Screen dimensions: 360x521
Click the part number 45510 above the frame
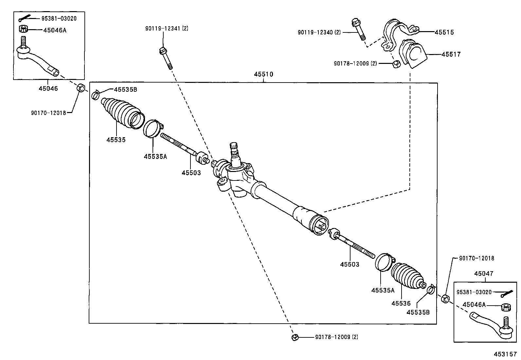coord(263,74)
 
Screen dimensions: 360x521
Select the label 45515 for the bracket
coord(444,32)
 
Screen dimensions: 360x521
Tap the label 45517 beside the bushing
coord(451,54)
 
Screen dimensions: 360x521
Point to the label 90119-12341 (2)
coord(167,28)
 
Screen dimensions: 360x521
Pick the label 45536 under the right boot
coord(401,304)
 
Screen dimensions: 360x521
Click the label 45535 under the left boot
coord(116,140)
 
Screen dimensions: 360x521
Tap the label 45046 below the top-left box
coord(48,88)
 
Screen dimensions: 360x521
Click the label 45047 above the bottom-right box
coord(484,274)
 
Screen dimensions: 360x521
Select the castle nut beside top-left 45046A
coord(24,29)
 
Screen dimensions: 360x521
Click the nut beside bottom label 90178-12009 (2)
coord(295,337)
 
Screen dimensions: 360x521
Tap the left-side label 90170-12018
coord(48,113)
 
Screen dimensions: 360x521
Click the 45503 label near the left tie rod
coord(191,172)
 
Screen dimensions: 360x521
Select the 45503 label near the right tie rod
coord(350,264)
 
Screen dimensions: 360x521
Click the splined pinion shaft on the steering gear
coord(234,151)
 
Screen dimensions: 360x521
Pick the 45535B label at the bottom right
coord(418,312)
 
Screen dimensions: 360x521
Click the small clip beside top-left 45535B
coord(95,95)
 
